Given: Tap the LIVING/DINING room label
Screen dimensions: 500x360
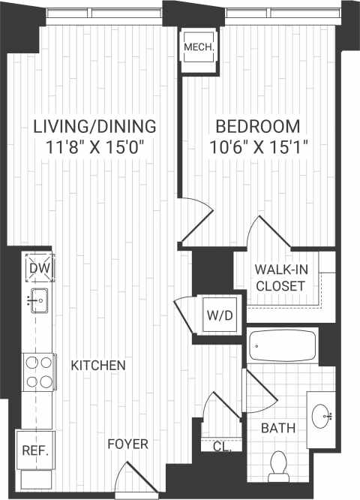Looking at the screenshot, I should click(x=94, y=125).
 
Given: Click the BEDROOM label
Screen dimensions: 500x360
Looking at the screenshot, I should click(x=257, y=125).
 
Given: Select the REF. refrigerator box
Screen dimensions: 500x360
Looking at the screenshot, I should click(x=35, y=451).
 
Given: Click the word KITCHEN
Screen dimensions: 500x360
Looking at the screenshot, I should click(x=97, y=366).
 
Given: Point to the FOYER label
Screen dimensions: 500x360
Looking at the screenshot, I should click(x=127, y=444).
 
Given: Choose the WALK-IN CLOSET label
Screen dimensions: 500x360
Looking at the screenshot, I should click(x=280, y=278).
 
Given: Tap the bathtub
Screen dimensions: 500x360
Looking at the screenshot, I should click(x=283, y=348).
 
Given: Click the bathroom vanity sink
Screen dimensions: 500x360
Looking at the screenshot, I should click(x=324, y=413).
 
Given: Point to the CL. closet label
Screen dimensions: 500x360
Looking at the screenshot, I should click(x=221, y=446).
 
